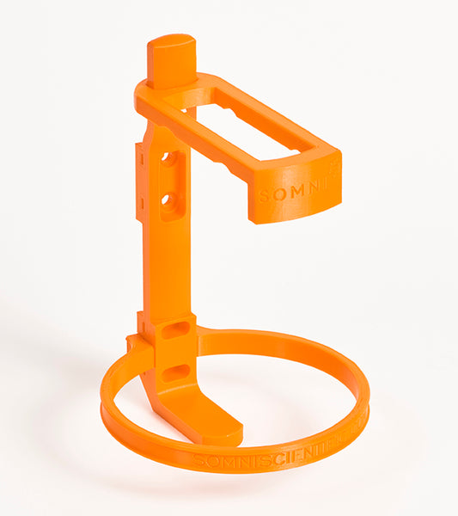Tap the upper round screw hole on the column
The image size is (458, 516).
tap(169, 159)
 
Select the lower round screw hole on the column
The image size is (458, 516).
tap(169, 203)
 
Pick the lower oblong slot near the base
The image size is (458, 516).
tap(175, 372)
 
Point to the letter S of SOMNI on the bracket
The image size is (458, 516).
tap(265, 196)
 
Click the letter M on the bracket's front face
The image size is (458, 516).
tap(294, 192)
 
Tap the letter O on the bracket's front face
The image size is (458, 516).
tap(278, 194)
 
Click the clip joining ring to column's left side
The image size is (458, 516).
tap(137, 347)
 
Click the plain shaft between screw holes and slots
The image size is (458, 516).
tap(168, 267)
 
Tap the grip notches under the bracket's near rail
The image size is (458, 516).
tap(232, 168)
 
